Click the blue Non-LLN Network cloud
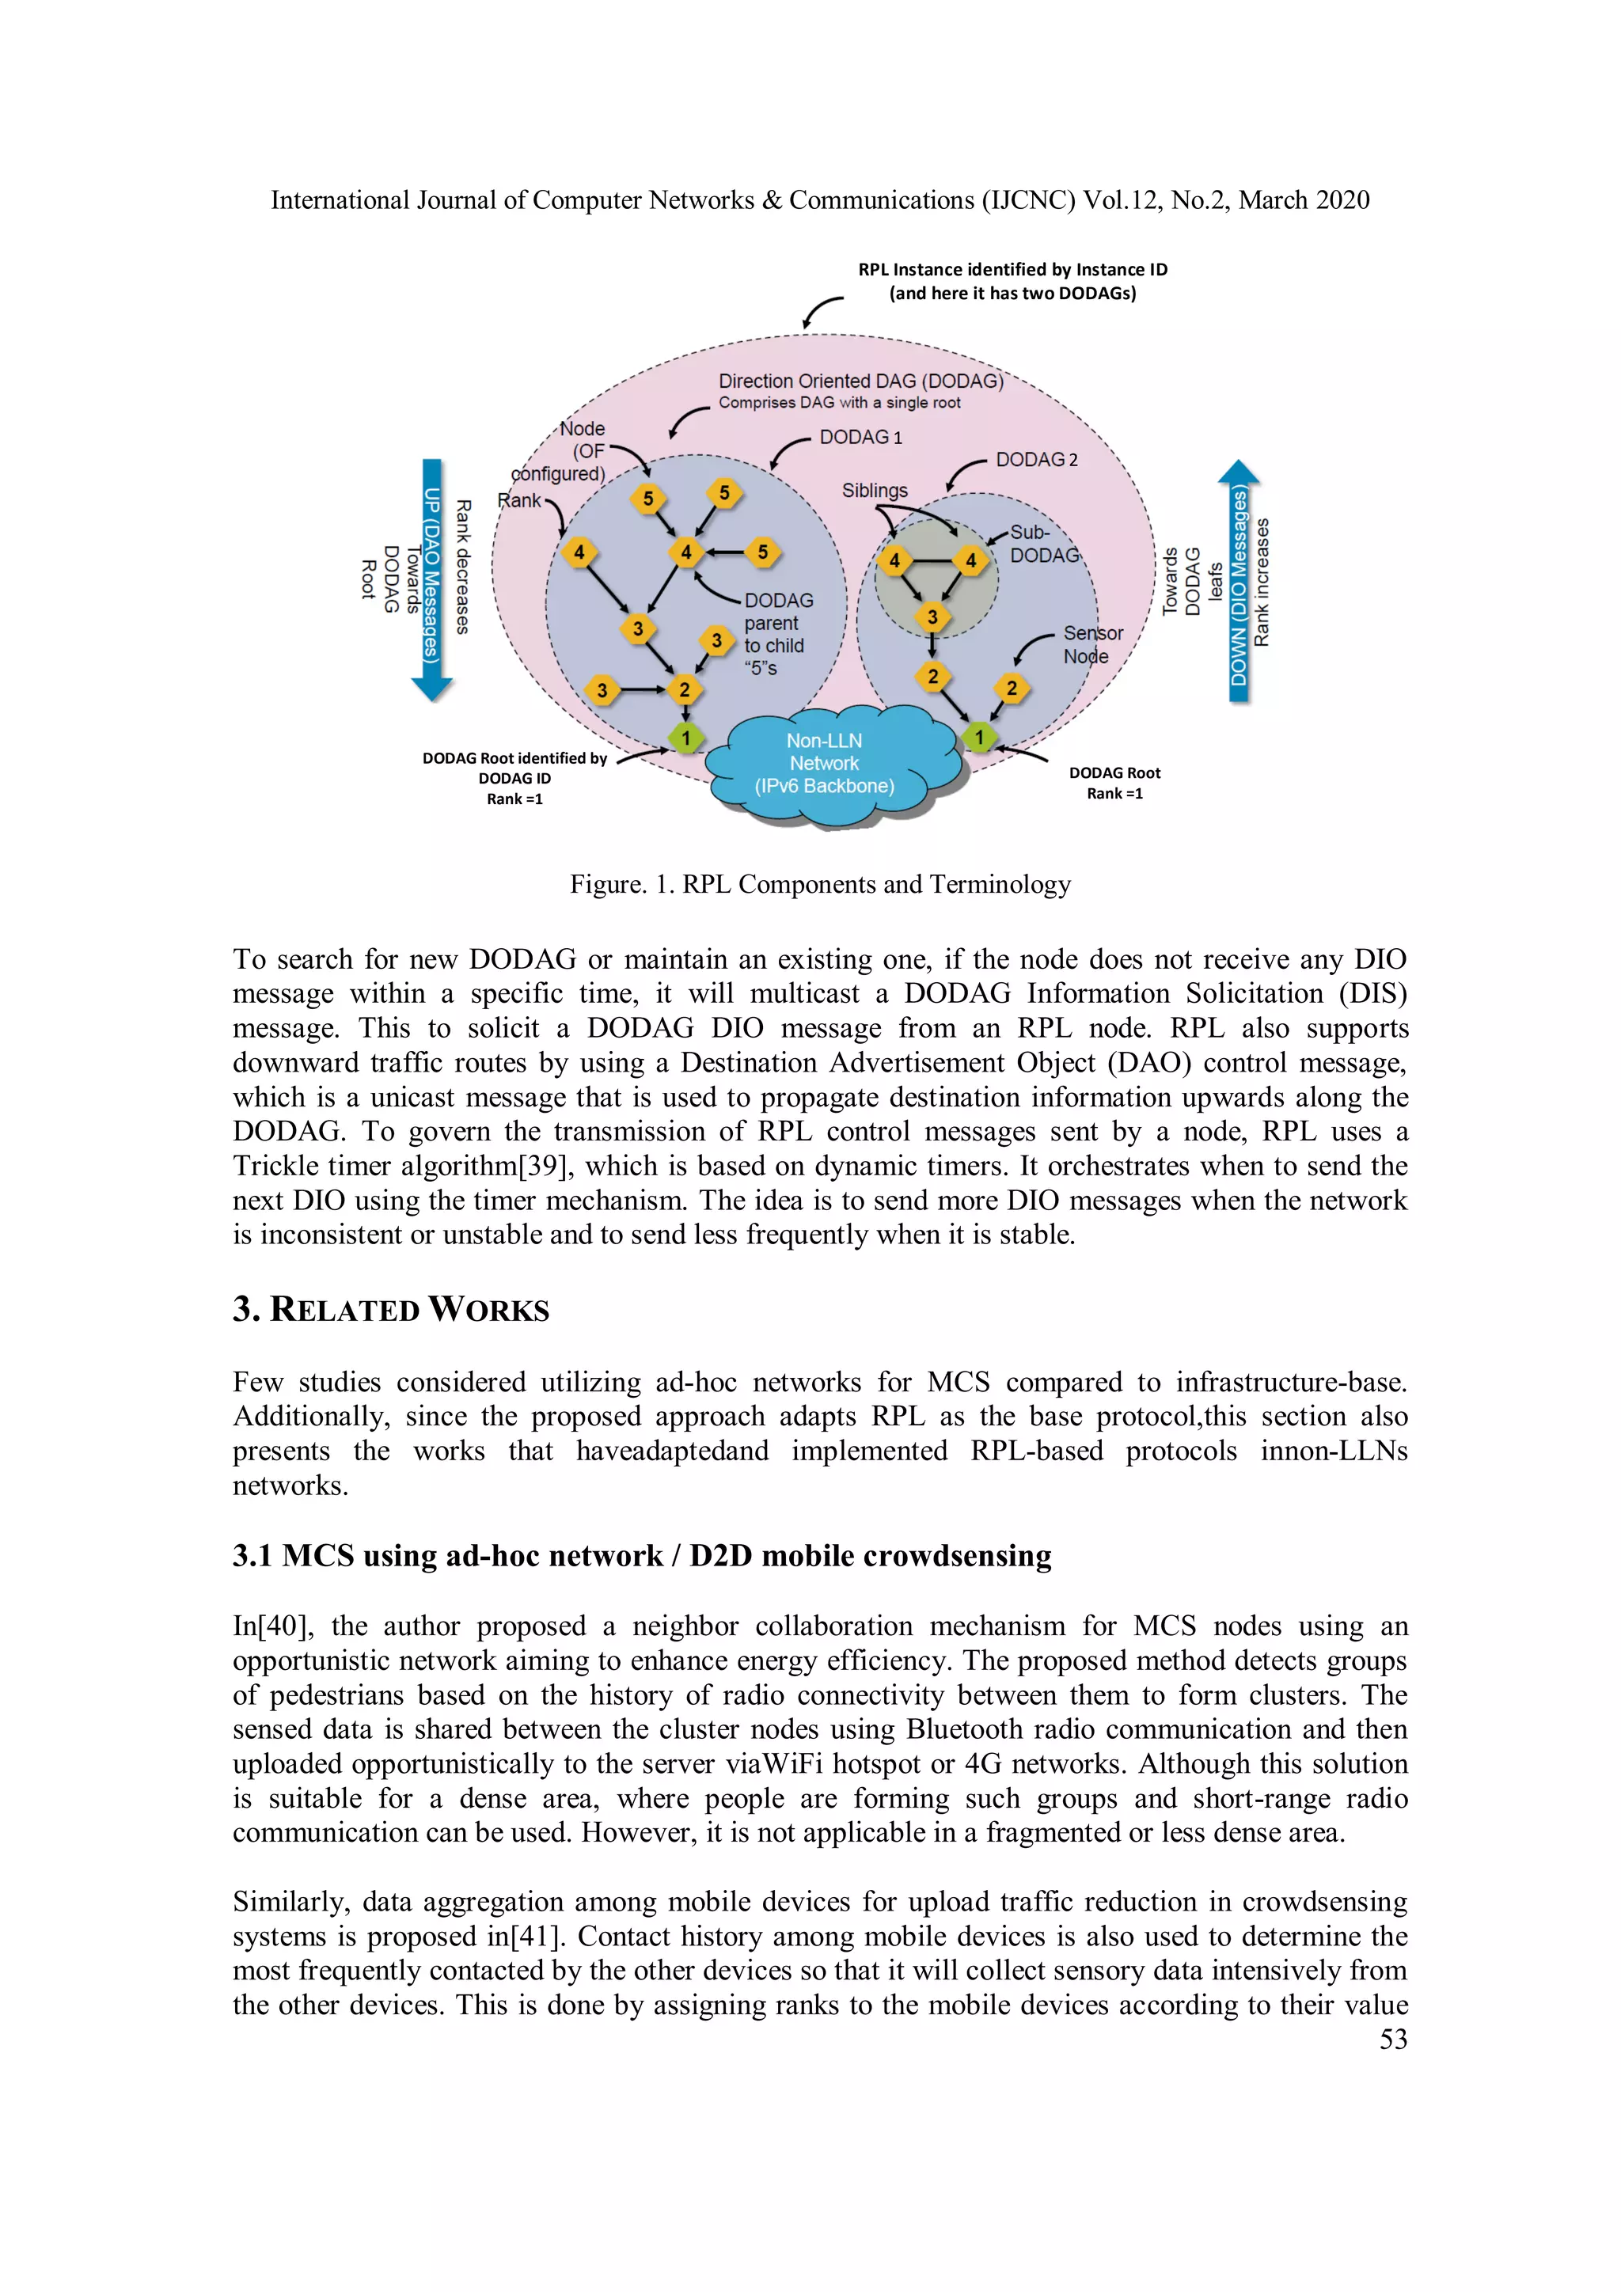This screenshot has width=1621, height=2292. [826, 765]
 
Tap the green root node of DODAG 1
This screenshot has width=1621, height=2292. [685, 738]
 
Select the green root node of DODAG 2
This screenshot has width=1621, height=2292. [979, 738]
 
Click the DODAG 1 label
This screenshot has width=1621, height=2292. [860, 437]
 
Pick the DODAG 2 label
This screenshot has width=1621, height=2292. [1036, 460]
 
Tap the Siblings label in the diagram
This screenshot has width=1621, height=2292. [875, 490]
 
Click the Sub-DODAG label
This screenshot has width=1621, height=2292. [1043, 544]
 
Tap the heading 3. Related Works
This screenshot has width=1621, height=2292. [390, 1310]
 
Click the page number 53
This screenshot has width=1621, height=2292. [1392, 2039]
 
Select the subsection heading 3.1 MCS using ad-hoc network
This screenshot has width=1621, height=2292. [642, 1555]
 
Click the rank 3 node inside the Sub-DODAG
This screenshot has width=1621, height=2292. [932, 617]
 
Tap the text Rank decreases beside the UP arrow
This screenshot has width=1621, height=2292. [463, 567]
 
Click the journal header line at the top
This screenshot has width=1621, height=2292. [819, 201]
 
